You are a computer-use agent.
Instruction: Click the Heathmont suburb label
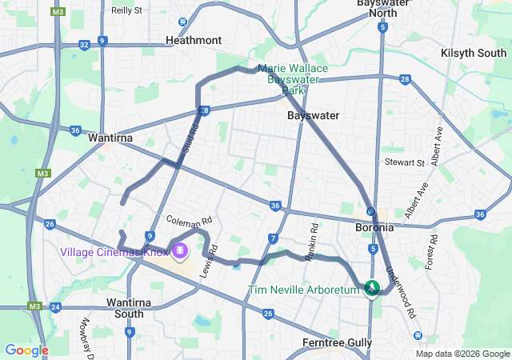(x=193, y=39)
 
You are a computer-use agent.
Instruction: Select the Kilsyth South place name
(x=474, y=53)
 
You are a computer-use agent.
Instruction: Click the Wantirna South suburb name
(x=125, y=309)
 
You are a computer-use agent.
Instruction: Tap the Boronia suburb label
(x=374, y=227)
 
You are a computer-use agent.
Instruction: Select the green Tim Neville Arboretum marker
(x=372, y=288)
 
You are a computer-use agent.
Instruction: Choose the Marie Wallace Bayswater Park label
(x=293, y=74)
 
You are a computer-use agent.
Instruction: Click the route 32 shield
(x=84, y=46)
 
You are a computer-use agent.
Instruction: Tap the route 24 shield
(x=55, y=307)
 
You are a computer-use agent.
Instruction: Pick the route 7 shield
(x=273, y=238)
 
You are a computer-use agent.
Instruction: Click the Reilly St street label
(x=126, y=10)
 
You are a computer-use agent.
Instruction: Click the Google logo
(x=26, y=350)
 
